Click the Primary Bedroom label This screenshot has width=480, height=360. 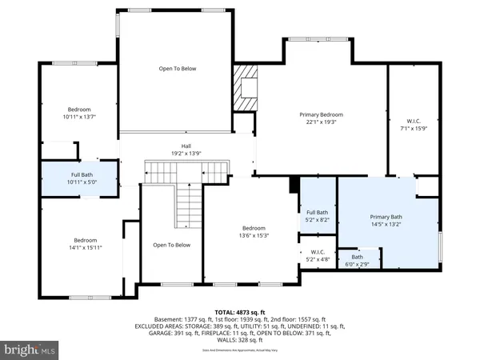click(320, 114)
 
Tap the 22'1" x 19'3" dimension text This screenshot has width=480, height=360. click(320, 122)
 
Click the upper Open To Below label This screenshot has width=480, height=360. click(177, 69)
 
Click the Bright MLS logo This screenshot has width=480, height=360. click(30, 350)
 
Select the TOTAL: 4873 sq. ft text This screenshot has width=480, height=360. click(239, 312)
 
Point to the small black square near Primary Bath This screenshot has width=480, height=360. click(294, 183)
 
